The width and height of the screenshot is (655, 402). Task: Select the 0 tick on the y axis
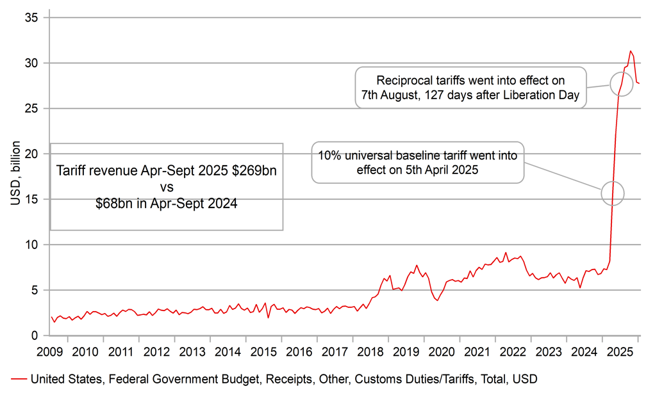coord(36,335)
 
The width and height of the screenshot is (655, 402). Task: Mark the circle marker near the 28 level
coord(620,84)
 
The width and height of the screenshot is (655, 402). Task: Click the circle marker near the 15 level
coord(613,192)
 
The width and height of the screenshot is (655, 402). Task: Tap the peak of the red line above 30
coord(631,51)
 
